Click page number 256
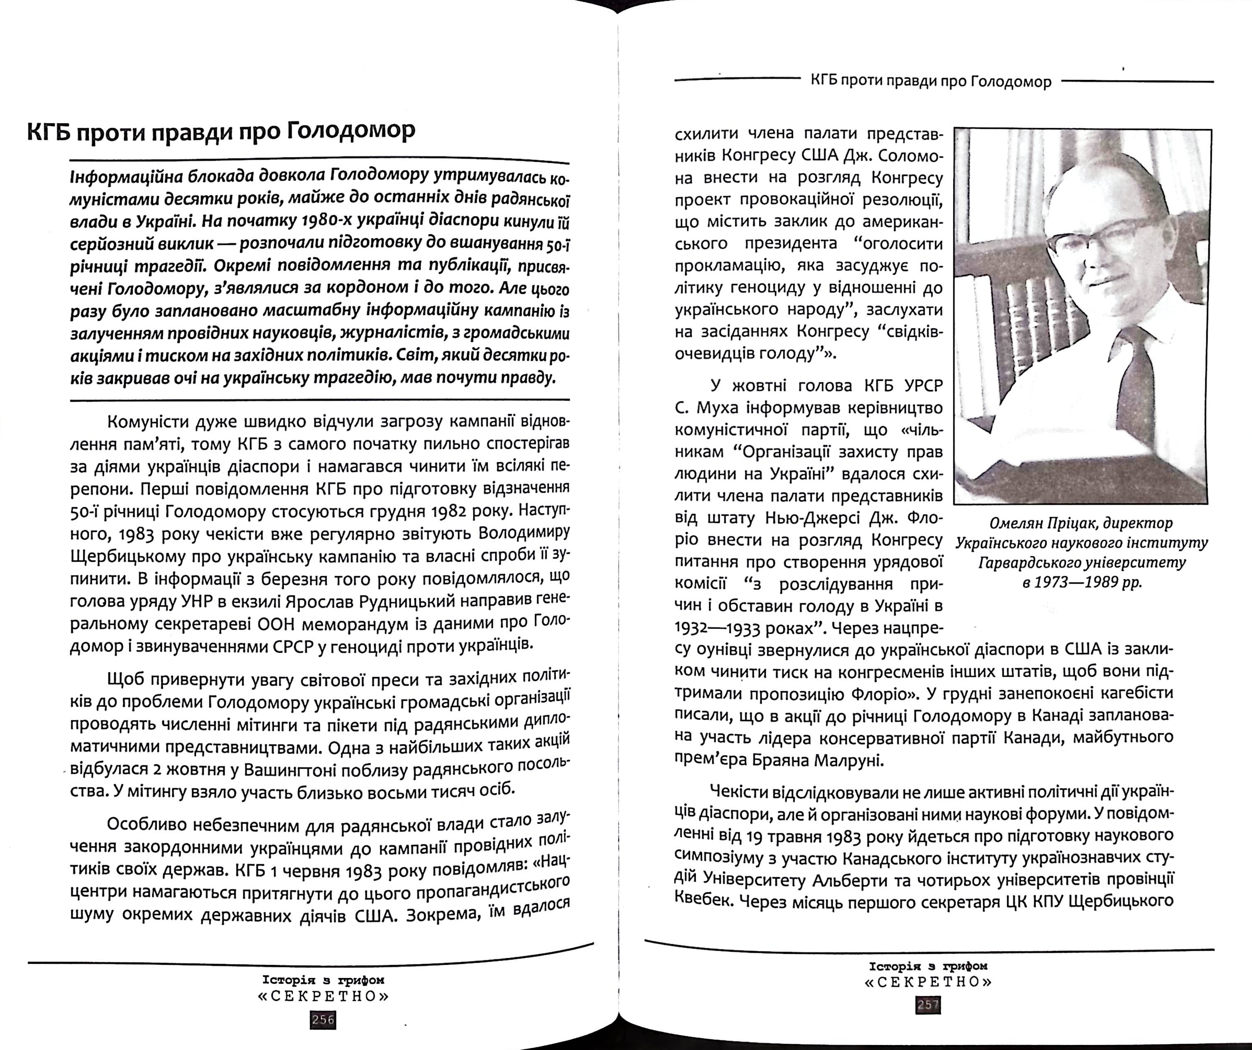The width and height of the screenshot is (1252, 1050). [x=323, y=1019]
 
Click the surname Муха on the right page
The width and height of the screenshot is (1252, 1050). [x=712, y=408]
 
